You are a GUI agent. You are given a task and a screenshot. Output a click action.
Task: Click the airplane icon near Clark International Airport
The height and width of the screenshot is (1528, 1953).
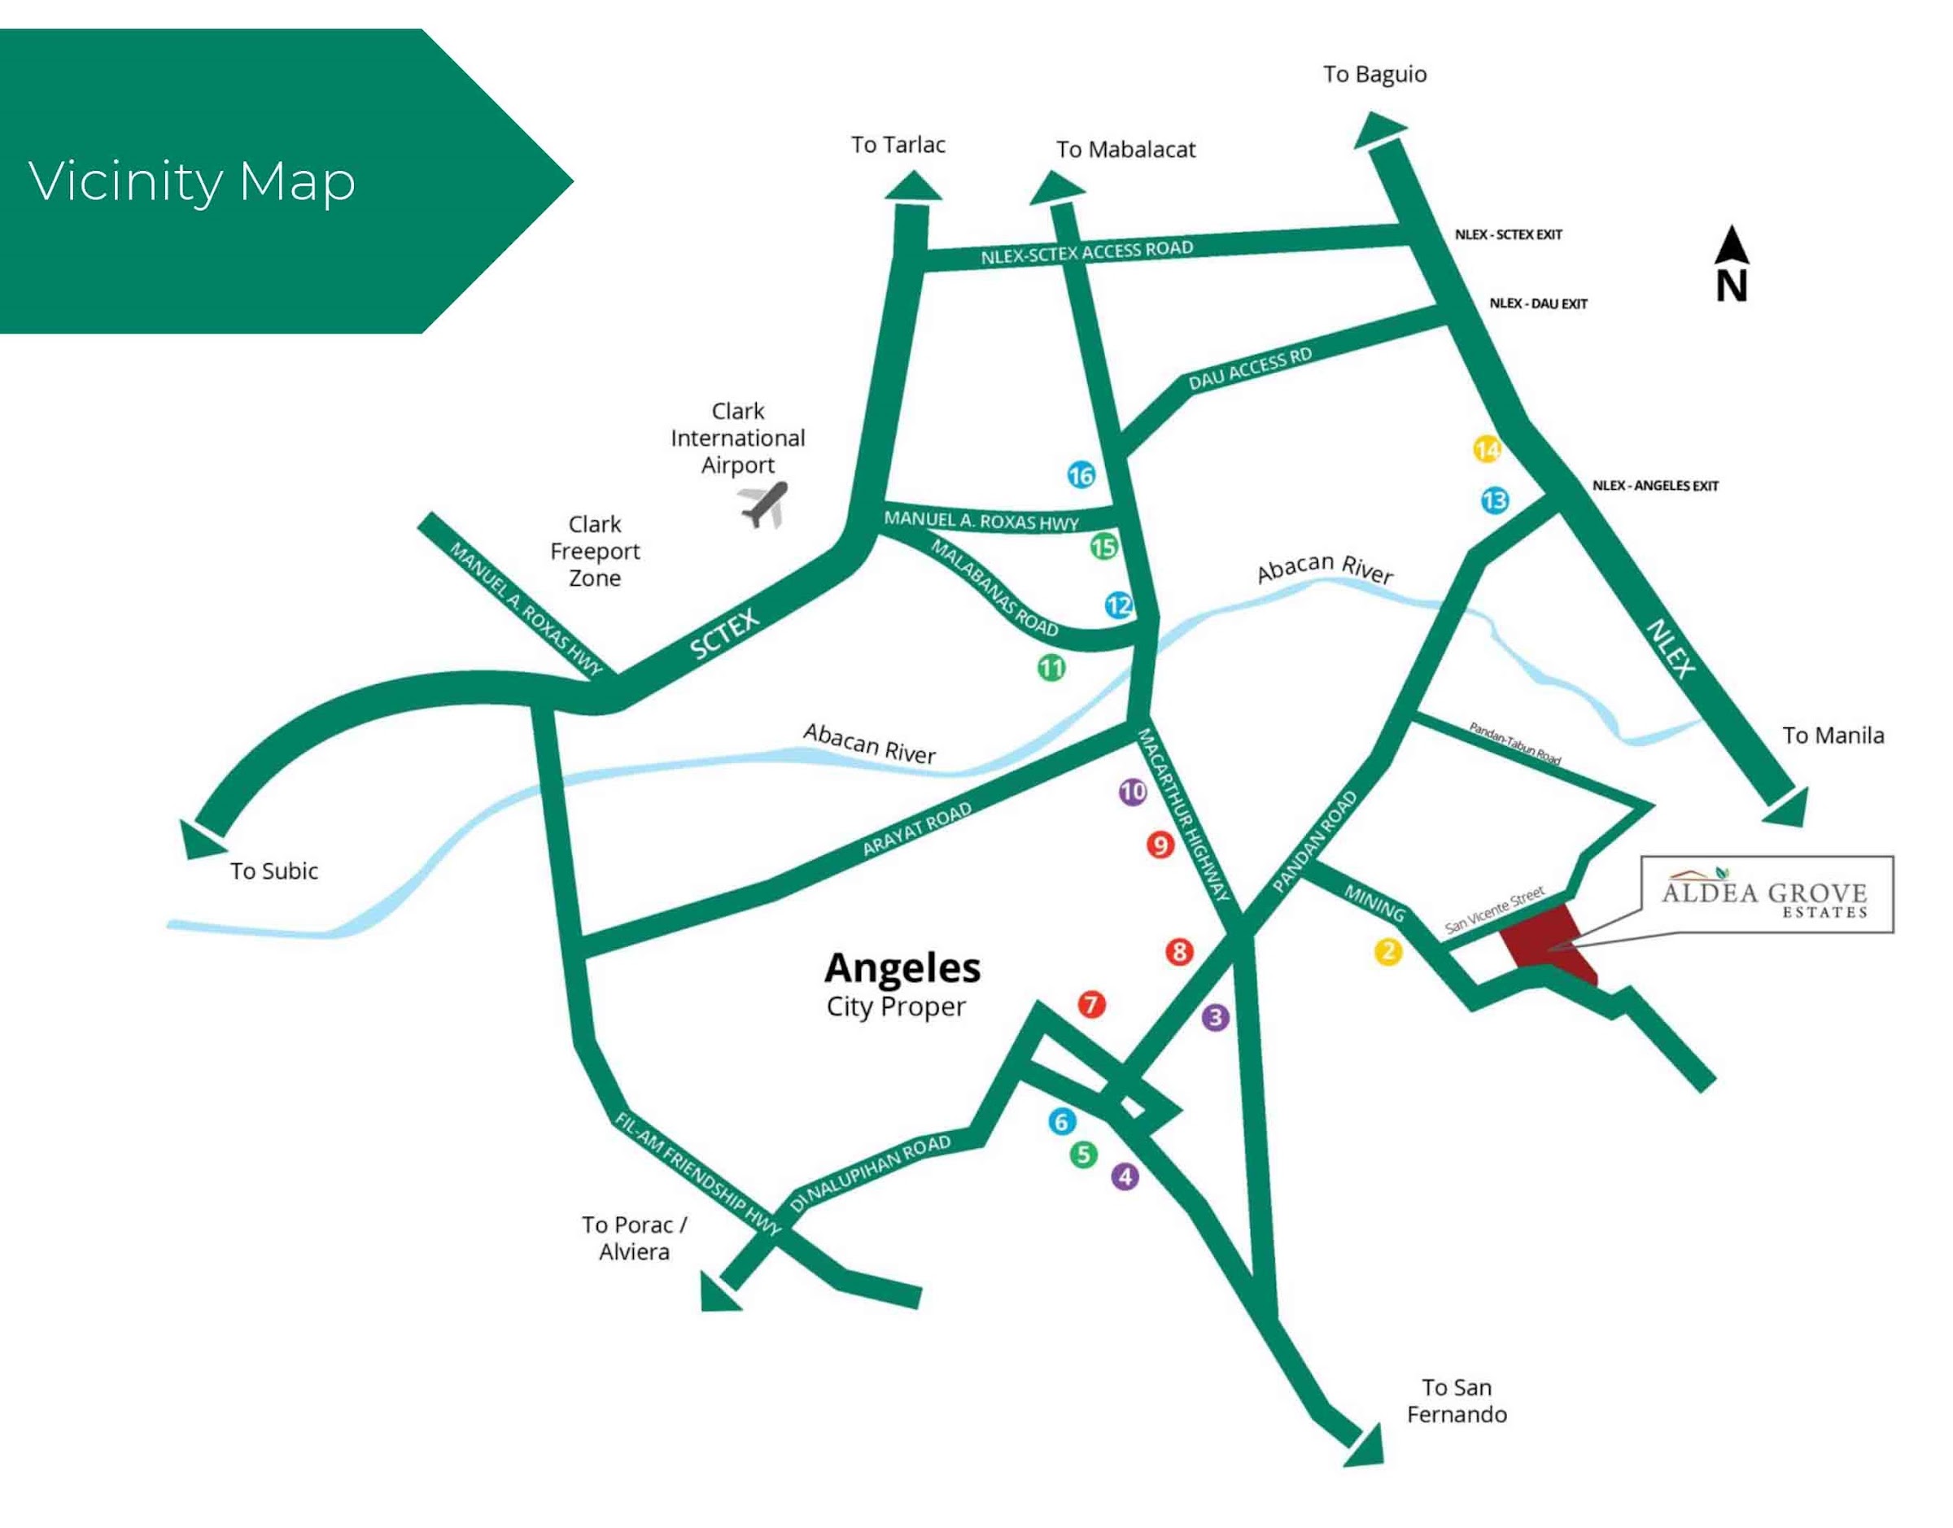coord(764,505)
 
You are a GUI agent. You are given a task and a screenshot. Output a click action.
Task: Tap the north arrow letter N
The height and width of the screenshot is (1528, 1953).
coord(1731,286)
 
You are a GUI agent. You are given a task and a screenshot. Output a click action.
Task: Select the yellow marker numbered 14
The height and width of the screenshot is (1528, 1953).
coord(1487,449)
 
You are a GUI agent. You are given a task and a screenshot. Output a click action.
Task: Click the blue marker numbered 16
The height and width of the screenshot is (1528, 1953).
coord(1081,475)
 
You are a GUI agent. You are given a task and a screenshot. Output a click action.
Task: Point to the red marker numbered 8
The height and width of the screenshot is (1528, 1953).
coord(1179,951)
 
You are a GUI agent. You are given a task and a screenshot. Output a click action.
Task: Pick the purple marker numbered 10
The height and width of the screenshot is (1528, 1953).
coord(1133,791)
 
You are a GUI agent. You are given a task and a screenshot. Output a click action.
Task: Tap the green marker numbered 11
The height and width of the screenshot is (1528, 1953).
coord(1051,667)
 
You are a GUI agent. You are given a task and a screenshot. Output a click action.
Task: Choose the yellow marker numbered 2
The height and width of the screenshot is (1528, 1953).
coord(1387,951)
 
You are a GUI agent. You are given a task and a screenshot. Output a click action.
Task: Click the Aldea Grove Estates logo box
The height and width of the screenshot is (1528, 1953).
coord(1766,895)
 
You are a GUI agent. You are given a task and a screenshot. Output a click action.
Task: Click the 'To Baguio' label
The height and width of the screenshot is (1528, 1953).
coord(1374,74)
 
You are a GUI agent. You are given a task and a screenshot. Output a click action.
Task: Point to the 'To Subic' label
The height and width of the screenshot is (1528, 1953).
coord(273,871)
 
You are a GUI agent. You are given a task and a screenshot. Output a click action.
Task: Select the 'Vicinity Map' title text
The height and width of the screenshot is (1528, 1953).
coord(192,181)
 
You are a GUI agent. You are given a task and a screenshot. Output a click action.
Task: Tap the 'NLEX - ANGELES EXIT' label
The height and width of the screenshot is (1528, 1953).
coord(1655,486)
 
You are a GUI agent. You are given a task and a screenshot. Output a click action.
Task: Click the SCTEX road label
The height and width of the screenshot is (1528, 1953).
coord(725,633)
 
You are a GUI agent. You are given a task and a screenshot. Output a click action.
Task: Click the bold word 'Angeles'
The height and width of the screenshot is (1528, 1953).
coord(902,968)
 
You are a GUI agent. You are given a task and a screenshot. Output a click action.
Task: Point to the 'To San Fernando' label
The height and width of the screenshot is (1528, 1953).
coord(1457,1401)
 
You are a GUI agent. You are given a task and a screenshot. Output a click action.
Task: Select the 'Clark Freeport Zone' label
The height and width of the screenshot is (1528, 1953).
coord(595,551)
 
